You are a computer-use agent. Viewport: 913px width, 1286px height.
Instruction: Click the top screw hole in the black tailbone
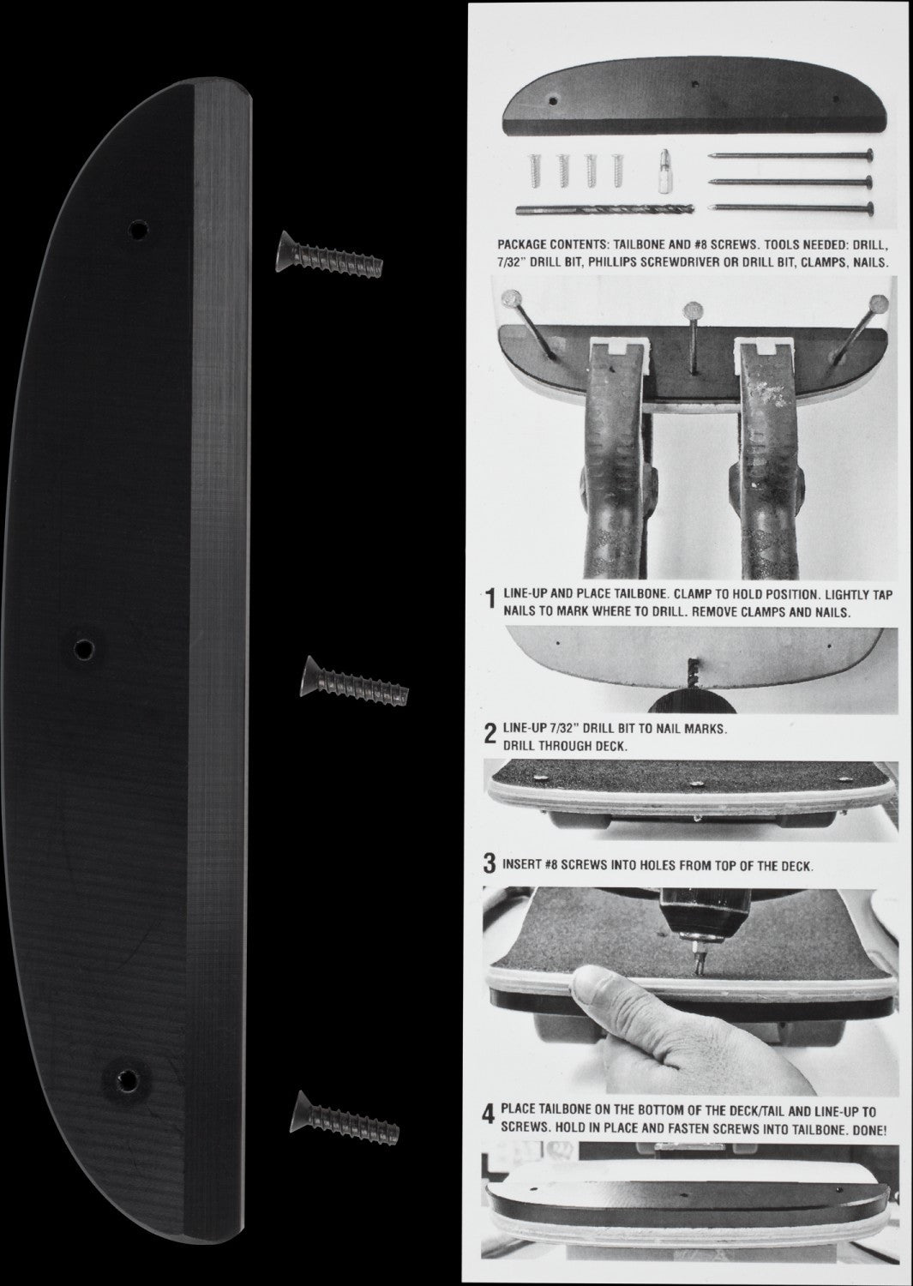tap(136, 229)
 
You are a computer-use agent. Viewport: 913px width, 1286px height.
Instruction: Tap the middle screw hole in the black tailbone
tap(83, 648)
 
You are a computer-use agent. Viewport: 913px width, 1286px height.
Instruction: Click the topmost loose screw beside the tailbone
tap(328, 255)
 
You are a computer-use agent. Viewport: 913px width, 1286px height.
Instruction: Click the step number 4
tap(490, 1115)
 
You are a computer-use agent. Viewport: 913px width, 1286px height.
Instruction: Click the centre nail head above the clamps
tap(689, 309)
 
